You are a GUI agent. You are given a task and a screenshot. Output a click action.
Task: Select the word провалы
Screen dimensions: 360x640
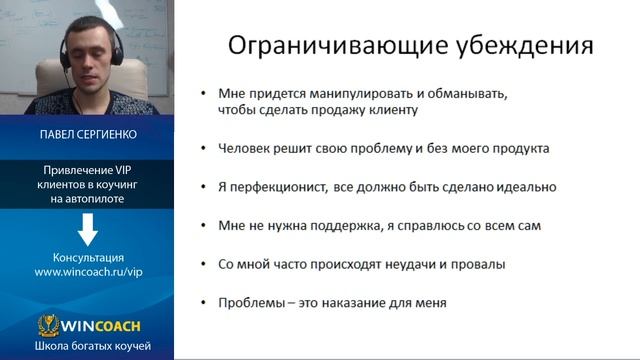point(481,264)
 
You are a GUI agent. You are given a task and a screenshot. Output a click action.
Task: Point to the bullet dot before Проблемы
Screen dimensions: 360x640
point(203,303)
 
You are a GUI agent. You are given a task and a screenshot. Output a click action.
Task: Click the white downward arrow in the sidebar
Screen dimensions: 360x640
point(88,230)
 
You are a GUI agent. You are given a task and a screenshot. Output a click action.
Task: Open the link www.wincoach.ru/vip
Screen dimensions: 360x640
point(88,272)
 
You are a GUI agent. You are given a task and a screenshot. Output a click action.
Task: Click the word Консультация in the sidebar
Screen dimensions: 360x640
point(88,257)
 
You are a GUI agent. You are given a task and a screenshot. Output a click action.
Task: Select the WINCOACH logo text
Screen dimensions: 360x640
point(99,325)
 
